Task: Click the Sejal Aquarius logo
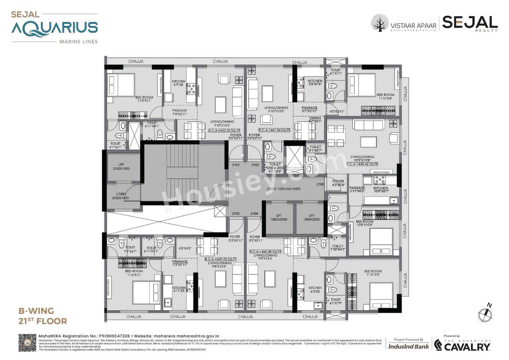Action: tap(54, 27)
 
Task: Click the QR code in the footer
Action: tap(27, 342)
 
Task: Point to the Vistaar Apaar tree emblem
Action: tap(380, 23)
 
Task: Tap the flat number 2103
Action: tap(320, 185)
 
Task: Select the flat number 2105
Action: tap(235, 214)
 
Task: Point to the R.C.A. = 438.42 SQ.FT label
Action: tap(362, 164)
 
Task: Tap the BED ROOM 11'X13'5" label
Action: tap(373, 273)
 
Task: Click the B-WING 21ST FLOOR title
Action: tap(43, 315)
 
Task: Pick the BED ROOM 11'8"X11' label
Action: tap(144, 99)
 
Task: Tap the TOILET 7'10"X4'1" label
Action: tap(338, 248)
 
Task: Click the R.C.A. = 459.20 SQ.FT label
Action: tap(221, 259)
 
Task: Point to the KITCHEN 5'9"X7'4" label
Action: tap(315, 83)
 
